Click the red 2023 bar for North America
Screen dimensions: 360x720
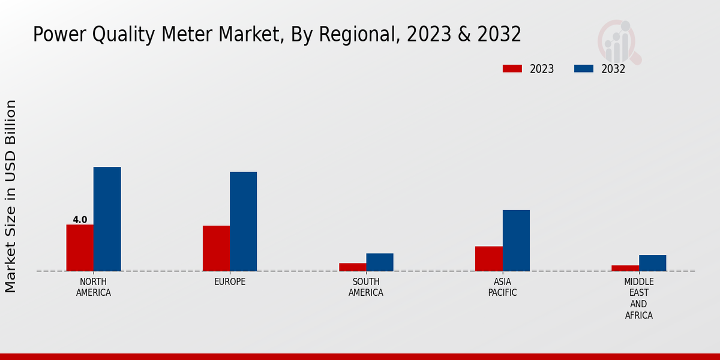click(80, 248)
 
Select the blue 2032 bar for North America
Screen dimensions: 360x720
click(107, 219)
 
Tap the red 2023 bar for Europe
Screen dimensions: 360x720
click(216, 248)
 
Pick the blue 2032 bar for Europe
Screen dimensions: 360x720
click(243, 221)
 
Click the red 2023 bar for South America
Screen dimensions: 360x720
click(352, 267)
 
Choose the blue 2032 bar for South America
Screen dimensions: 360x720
click(380, 262)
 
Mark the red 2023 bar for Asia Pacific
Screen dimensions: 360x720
click(488, 259)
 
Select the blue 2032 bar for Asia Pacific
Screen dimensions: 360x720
click(516, 241)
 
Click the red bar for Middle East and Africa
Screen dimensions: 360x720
click(625, 268)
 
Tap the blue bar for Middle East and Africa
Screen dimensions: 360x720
click(652, 263)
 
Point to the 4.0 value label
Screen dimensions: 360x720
click(80, 220)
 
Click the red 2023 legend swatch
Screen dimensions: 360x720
click(512, 68)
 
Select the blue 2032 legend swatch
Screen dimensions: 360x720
click(583, 68)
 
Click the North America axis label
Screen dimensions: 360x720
click(94, 287)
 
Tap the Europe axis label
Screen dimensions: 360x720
click(230, 282)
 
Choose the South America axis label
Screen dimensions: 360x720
click(366, 287)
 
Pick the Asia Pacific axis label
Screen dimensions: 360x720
click(502, 287)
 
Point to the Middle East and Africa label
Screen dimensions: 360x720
click(638, 298)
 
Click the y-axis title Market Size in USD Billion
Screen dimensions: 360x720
click(11, 196)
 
